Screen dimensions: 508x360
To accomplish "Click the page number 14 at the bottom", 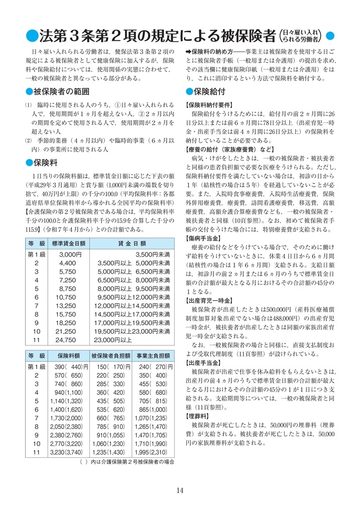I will coord(180,490).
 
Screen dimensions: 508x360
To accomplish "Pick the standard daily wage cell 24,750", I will coord(67,339).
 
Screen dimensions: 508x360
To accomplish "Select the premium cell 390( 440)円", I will coord(68,367).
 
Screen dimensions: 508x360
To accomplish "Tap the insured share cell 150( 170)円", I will coord(110,367).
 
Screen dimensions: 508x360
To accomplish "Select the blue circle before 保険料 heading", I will coord(29,163).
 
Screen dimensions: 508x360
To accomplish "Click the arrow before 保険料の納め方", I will coord(189,52).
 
